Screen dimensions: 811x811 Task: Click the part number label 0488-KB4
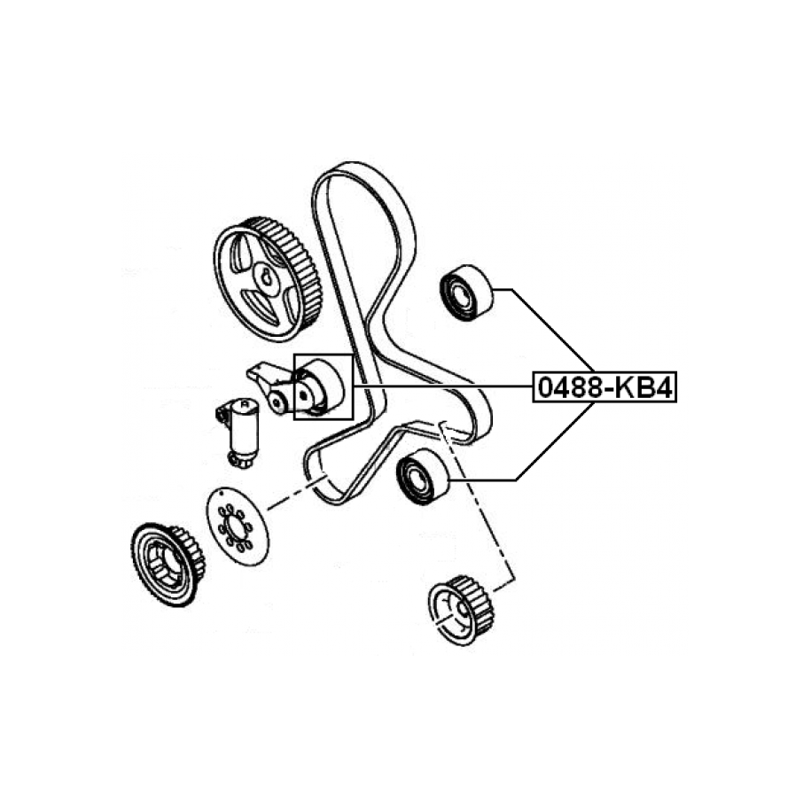pyautogui.click(x=604, y=387)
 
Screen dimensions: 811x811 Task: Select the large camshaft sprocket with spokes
pyautogui.click(x=267, y=279)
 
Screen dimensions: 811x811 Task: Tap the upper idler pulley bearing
pyautogui.click(x=466, y=292)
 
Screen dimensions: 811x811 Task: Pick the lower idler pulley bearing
pyautogui.click(x=422, y=476)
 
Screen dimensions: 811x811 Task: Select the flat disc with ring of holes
pyautogui.click(x=238, y=526)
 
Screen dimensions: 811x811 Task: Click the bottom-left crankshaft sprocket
pyautogui.click(x=168, y=564)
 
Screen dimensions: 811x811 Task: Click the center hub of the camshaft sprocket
pyautogui.click(x=268, y=279)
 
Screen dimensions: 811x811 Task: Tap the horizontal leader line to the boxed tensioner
pyautogui.click(x=443, y=386)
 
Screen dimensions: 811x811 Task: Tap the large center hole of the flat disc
pyautogui.click(x=238, y=526)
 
